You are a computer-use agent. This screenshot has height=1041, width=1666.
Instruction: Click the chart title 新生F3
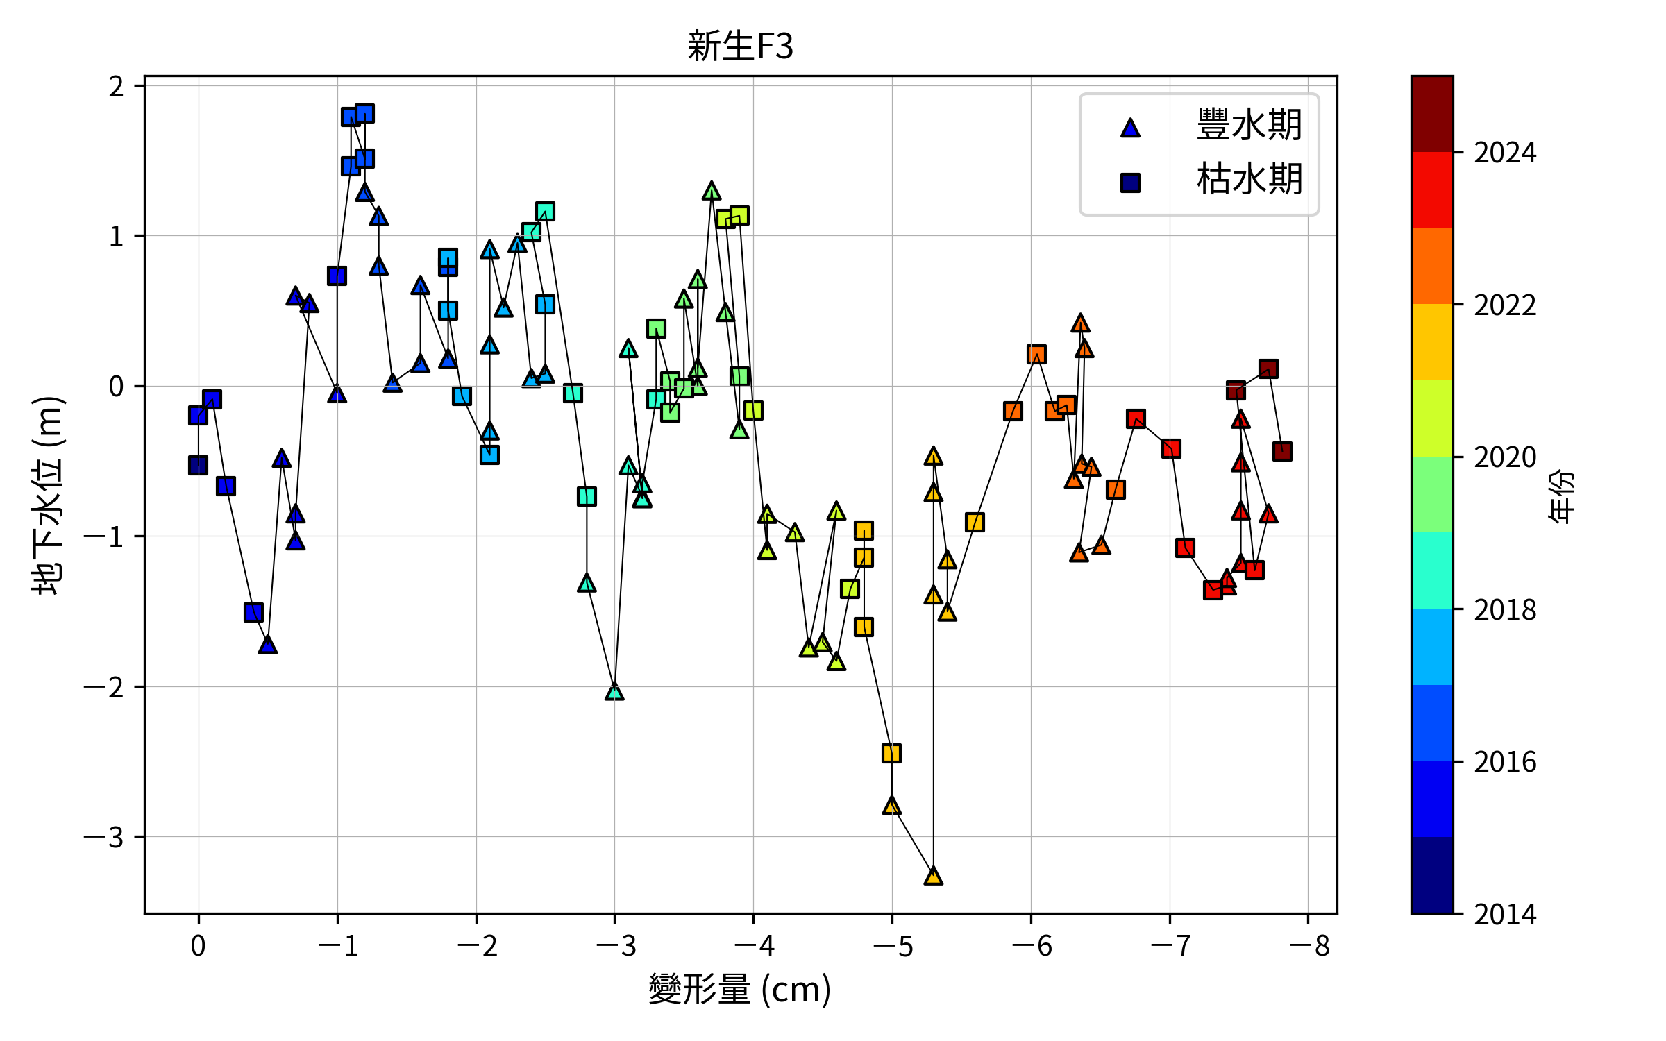[740, 46]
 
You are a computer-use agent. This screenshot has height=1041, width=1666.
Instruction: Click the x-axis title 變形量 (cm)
[740, 988]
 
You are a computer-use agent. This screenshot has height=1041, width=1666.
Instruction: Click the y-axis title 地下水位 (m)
[49, 495]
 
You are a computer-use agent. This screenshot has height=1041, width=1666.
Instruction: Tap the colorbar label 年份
[1562, 496]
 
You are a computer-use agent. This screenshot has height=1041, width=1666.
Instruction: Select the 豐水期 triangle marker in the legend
[1130, 128]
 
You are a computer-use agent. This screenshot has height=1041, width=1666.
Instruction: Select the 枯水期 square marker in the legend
[1130, 183]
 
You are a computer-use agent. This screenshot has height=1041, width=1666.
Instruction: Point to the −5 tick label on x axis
[893, 945]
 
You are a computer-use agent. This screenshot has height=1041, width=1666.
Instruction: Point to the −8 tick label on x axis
[1309, 945]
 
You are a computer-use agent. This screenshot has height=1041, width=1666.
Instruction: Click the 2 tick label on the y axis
[117, 87]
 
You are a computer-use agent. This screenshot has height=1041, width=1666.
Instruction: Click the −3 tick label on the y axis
[104, 837]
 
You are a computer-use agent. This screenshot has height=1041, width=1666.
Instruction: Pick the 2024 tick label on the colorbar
[1505, 153]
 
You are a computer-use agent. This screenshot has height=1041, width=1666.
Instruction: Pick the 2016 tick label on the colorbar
[1505, 762]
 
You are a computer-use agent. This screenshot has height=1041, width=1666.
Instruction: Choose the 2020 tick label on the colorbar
[1505, 457]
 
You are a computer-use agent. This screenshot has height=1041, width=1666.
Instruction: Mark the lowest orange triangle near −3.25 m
[933, 876]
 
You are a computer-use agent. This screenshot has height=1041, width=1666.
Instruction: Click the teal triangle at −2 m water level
[614, 691]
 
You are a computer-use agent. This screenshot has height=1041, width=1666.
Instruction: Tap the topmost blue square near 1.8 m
[364, 113]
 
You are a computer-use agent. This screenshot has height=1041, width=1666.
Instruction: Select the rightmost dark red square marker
[1282, 451]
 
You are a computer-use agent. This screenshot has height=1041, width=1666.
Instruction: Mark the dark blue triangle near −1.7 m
[268, 645]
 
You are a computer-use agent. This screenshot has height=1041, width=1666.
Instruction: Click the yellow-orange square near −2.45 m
[891, 753]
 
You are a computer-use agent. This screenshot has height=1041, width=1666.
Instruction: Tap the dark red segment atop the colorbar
[1432, 115]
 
